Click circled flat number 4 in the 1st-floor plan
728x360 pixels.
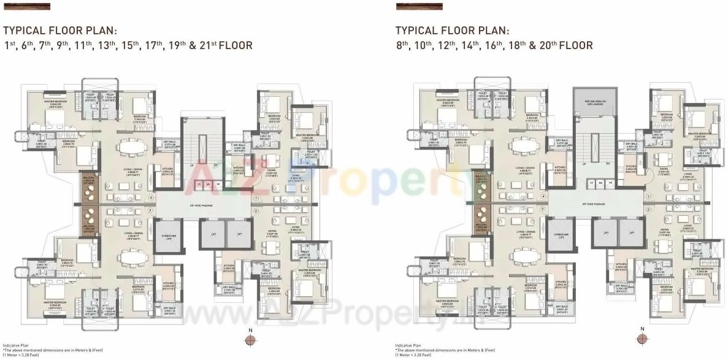(151, 197)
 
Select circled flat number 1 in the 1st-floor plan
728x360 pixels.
(256, 197)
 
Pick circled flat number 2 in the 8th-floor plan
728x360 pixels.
(648, 210)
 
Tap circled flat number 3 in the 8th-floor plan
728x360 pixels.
(543, 210)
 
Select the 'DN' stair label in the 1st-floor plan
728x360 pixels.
(215, 164)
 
